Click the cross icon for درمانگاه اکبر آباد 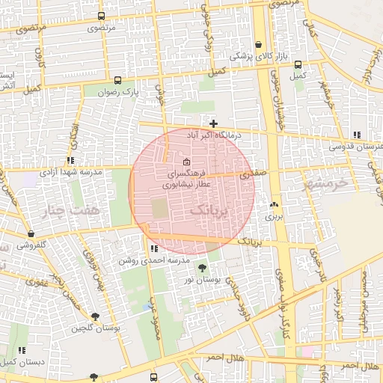coord(214,123)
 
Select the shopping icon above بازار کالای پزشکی coord(259,45)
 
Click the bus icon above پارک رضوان coord(117,80)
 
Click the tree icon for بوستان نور coord(202,268)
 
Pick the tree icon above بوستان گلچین coord(95,317)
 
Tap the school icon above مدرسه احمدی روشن coord(153,248)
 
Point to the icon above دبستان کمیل coord(22,350)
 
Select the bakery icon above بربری coord(273,204)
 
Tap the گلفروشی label coord(32,245)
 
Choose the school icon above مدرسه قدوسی coord(357,135)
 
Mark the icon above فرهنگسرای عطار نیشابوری coord(186,163)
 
